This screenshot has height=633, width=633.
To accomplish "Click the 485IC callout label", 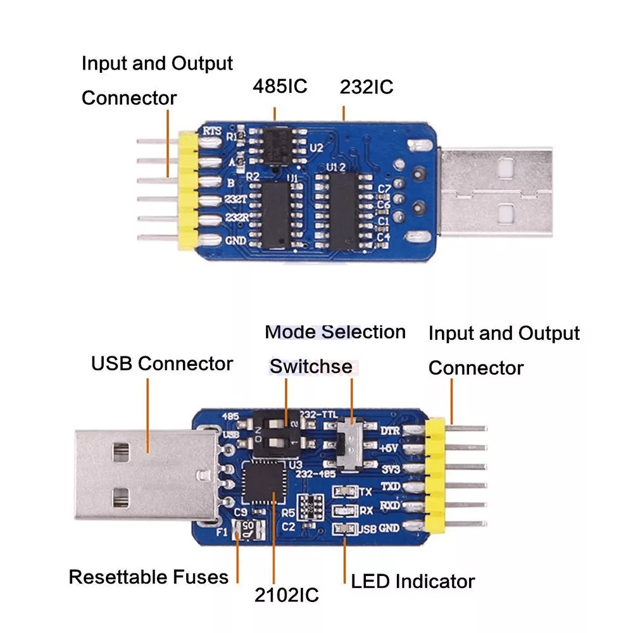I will point(280,86).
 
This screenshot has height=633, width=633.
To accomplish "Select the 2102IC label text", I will point(287,594).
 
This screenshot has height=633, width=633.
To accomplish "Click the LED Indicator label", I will point(413,581).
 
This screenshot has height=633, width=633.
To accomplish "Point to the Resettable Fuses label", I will point(148,577).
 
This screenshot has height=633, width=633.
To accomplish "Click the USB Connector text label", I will point(162,364).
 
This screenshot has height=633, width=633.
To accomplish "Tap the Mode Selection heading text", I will point(335,332).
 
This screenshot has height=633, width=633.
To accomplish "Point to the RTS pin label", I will point(211,130).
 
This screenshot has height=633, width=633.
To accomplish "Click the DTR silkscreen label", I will point(388,430).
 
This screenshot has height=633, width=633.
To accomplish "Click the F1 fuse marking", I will point(222,532).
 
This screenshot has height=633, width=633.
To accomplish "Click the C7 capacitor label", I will point(384,189).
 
